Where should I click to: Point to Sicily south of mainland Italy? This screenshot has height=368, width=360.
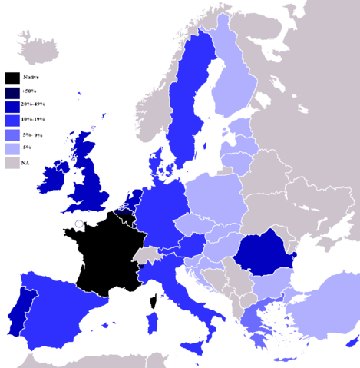click(193, 346)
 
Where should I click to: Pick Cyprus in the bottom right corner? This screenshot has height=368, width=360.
click(352, 340)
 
